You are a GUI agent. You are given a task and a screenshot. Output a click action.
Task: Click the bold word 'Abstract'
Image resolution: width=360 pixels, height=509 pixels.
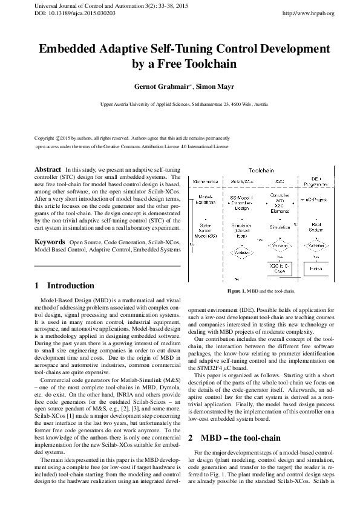48,169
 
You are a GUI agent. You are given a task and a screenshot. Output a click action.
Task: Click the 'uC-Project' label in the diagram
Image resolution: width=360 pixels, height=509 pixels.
316,198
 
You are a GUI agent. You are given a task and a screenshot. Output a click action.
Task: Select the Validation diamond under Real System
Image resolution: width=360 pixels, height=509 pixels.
315,247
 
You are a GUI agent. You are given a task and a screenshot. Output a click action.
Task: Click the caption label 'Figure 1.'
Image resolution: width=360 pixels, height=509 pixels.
236,291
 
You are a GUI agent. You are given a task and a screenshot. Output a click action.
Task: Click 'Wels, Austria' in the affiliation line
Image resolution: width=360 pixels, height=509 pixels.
254,105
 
